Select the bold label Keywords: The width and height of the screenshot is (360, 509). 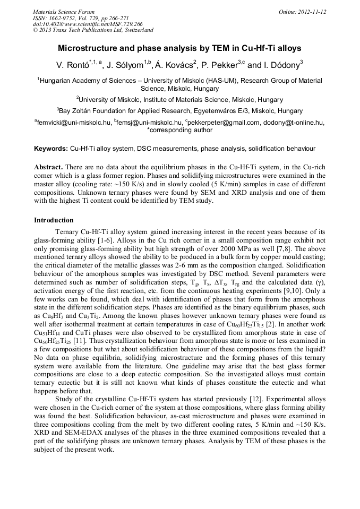pos(51,148)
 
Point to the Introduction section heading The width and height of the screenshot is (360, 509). pos(54,220)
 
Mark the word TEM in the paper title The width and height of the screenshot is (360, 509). pos(214,48)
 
